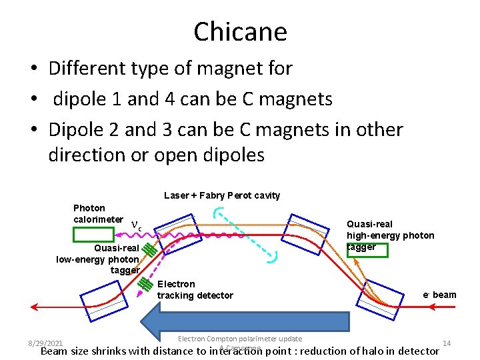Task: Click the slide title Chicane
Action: click(x=240, y=31)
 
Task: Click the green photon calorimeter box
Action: click(x=94, y=234)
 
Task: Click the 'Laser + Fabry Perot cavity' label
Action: click(x=222, y=195)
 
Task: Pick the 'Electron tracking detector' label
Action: click(x=195, y=289)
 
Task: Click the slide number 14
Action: click(x=447, y=343)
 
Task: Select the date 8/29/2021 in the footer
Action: click(x=46, y=343)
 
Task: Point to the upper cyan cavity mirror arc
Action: click(x=218, y=213)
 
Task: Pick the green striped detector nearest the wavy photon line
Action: click(x=151, y=251)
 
